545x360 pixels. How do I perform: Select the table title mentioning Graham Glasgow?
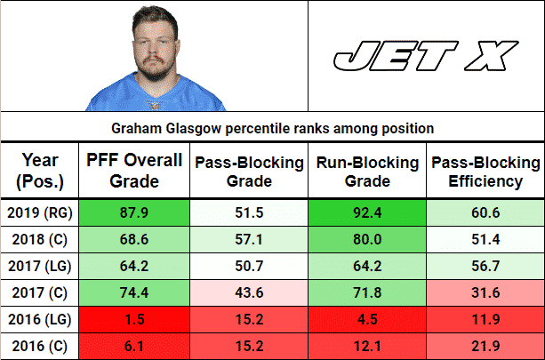[272, 129]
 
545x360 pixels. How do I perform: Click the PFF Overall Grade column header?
[133, 172]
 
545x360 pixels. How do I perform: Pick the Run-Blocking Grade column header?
[367, 172]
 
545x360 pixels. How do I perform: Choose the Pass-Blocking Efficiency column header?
[485, 172]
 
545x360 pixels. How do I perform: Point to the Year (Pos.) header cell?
[39, 172]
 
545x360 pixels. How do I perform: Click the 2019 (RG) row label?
[39, 213]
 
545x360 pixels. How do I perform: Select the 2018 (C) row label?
[39, 240]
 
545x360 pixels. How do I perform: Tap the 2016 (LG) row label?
[39, 317]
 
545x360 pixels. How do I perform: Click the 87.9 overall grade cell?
[133, 213]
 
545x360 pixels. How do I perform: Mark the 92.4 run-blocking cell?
[367, 213]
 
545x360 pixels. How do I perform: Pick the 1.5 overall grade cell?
[133, 317]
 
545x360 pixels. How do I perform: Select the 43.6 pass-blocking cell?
[250, 292]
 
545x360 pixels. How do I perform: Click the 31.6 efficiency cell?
[485, 292]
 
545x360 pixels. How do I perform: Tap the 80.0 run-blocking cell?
[367, 240]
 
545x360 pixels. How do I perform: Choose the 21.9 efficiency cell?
[485, 344]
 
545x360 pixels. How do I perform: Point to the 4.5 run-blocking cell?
[367, 317]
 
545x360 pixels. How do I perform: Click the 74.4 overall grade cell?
[133, 292]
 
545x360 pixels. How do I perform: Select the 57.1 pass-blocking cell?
[250, 240]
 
